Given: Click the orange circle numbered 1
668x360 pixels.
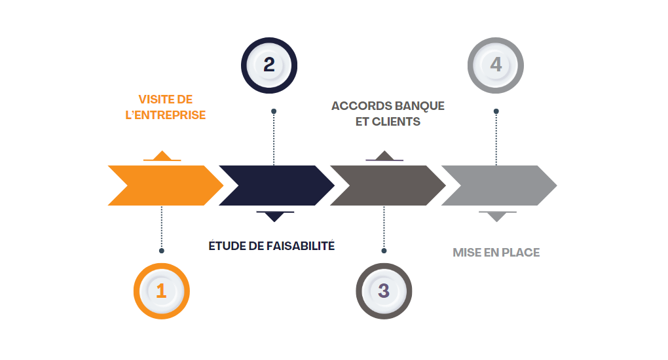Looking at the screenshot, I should tap(161, 291).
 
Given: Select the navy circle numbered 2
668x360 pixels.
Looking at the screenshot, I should tap(269, 65).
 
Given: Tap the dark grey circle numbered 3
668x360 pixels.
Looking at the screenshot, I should tap(384, 291).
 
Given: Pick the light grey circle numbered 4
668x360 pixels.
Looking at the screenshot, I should tap(496, 65).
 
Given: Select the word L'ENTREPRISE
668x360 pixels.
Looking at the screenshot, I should tap(165, 115).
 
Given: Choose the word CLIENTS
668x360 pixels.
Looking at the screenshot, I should tap(396, 122).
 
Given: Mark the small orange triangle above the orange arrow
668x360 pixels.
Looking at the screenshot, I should tap(162, 156).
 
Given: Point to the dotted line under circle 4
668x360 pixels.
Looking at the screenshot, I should tap(496, 137).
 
